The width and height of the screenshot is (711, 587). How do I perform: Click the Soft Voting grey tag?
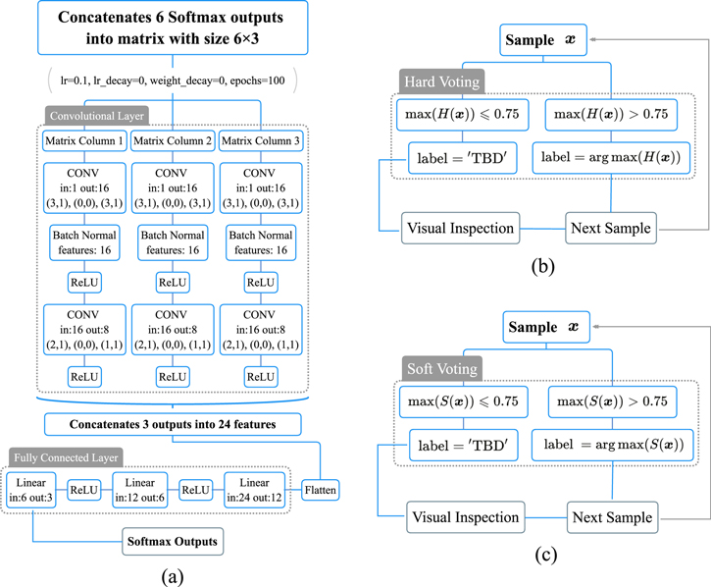439,369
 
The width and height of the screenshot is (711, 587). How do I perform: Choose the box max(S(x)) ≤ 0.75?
458,402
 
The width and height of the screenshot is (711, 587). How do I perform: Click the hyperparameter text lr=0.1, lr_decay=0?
173,78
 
